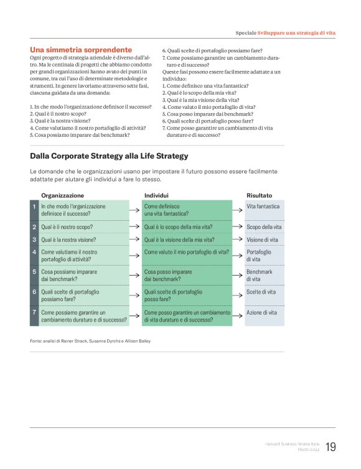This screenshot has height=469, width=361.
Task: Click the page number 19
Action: [331, 447]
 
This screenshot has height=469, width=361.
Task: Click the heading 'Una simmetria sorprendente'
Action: [81, 49]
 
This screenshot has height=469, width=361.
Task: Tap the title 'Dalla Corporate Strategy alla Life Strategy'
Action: [109, 156]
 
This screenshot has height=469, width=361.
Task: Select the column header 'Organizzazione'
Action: [62, 195]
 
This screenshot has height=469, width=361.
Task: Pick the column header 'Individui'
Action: [156, 195]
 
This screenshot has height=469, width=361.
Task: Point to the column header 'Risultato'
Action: [259, 195]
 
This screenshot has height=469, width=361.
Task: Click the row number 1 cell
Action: [34, 207]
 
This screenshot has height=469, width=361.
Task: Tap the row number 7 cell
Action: [34, 312]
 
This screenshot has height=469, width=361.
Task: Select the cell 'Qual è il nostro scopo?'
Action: [67, 227]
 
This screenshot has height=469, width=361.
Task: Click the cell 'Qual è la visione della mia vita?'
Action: [179, 239]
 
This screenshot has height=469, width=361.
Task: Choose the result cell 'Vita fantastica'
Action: [263, 207]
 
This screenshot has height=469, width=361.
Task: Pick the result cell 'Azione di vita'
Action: [261, 312]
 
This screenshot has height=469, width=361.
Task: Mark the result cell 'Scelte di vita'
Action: [261, 291]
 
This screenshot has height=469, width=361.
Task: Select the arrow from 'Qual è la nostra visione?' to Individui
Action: [135, 239]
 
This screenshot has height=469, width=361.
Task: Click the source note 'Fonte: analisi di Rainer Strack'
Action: [90, 340]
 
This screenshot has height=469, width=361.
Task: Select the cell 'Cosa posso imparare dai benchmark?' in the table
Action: [168, 276]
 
